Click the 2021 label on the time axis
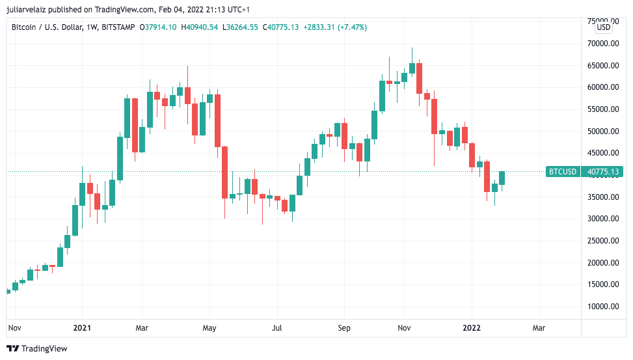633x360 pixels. point(82,329)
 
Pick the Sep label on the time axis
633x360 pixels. point(345,329)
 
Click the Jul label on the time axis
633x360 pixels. point(278,329)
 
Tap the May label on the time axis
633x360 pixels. point(209,329)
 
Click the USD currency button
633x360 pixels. point(604,27)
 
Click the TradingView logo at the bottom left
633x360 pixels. point(37,349)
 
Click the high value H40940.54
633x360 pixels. point(199,27)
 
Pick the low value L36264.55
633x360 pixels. point(240,27)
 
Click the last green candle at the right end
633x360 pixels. point(502,178)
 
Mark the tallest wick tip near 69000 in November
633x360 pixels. point(412,48)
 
